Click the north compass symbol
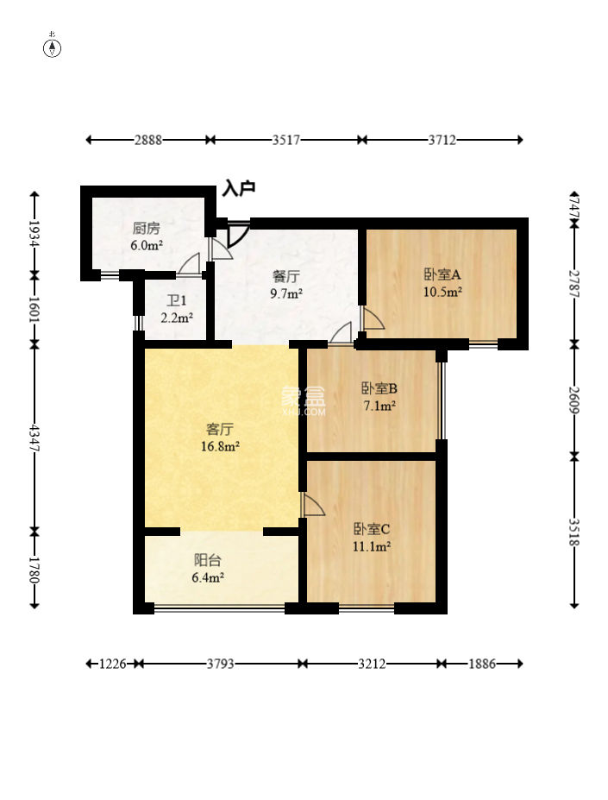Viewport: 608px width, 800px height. [x=52, y=47]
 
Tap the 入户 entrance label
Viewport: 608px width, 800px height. [x=239, y=188]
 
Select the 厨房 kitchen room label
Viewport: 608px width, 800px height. [x=147, y=228]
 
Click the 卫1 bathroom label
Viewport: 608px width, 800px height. [x=177, y=300]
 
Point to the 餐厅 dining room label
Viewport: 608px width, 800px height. [x=286, y=276]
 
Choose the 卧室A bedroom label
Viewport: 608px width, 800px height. [x=442, y=274]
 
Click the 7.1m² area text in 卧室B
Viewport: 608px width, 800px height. [x=379, y=406]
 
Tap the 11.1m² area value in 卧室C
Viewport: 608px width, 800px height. [x=372, y=546]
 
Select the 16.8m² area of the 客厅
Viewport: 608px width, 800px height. [x=221, y=446]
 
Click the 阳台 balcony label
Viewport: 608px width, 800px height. [x=208, y=560]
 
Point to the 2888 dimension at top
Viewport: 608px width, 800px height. [x=148, y=140]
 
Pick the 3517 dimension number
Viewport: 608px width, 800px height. [x=285, y=140]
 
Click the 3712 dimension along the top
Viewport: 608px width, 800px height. [x=442, y=140]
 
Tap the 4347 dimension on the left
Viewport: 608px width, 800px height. [x=34, y=438]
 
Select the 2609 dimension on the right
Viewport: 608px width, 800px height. [x=574, y=400]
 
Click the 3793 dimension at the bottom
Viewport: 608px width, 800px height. [x=221, y=664]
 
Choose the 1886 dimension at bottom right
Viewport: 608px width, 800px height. [x=481, y=664]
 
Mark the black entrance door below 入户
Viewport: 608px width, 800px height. [x=238, y=234]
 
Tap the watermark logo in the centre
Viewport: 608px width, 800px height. [x=304, y=401]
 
